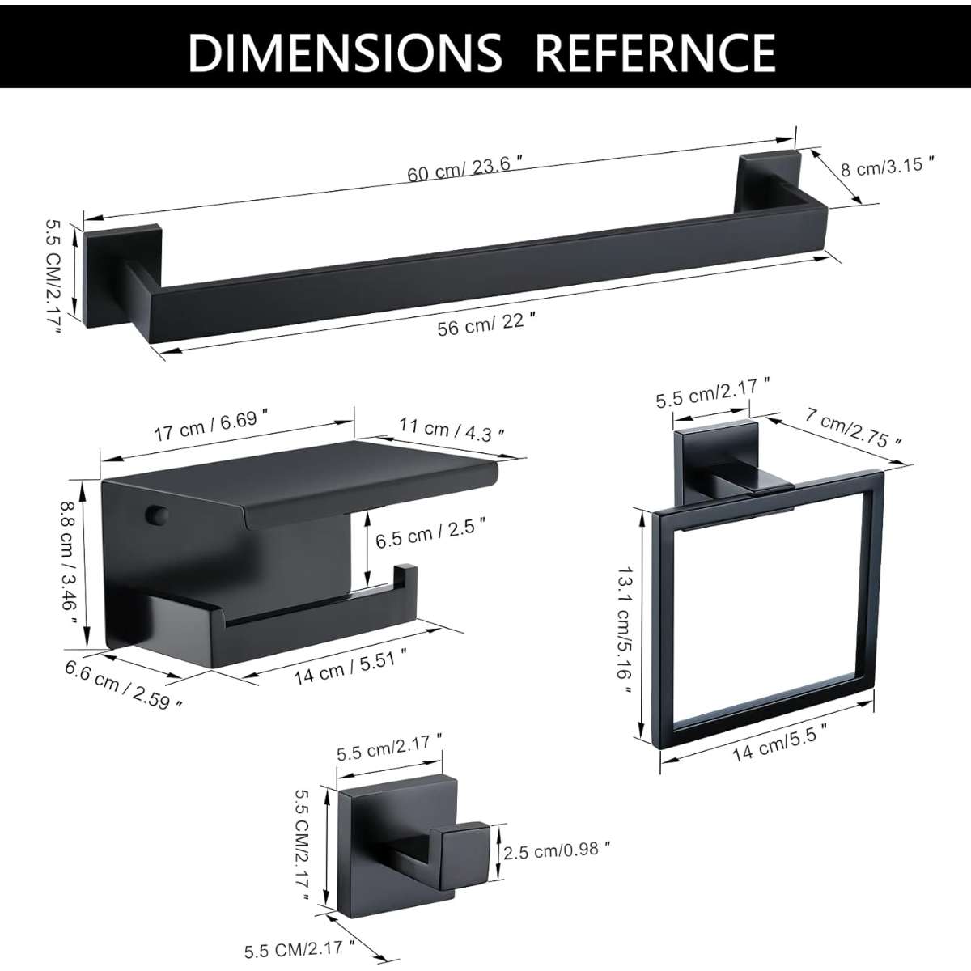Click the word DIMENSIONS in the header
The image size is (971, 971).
[x=346, y=53]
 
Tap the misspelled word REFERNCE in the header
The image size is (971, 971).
[x=655, y=53]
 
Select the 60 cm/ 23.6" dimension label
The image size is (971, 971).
[x=464, y=168]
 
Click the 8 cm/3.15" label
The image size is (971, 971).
[x=888, y=167]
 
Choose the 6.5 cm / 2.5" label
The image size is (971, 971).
[x=430, y=536]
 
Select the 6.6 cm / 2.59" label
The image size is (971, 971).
[x=124, y=685]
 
